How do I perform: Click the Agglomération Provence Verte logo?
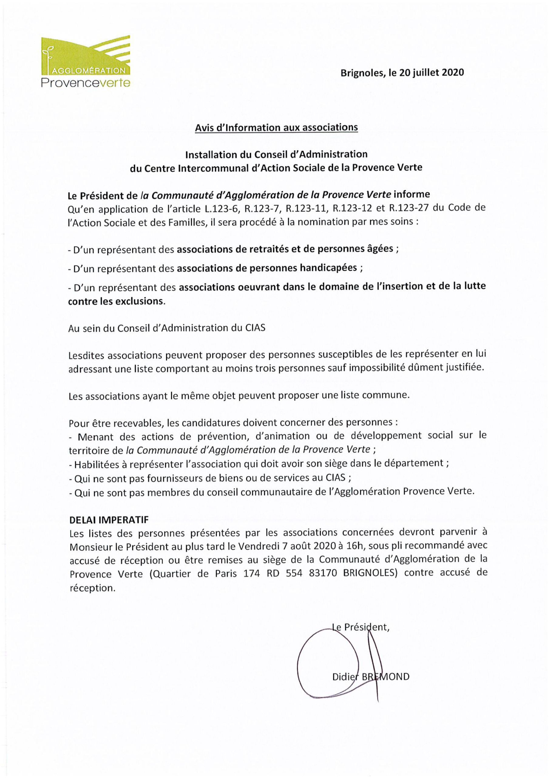[85, 61]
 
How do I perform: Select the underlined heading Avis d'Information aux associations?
[276, 127]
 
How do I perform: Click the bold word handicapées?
[328, 268]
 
